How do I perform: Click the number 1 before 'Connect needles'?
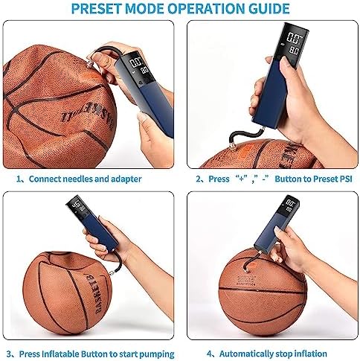19,179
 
